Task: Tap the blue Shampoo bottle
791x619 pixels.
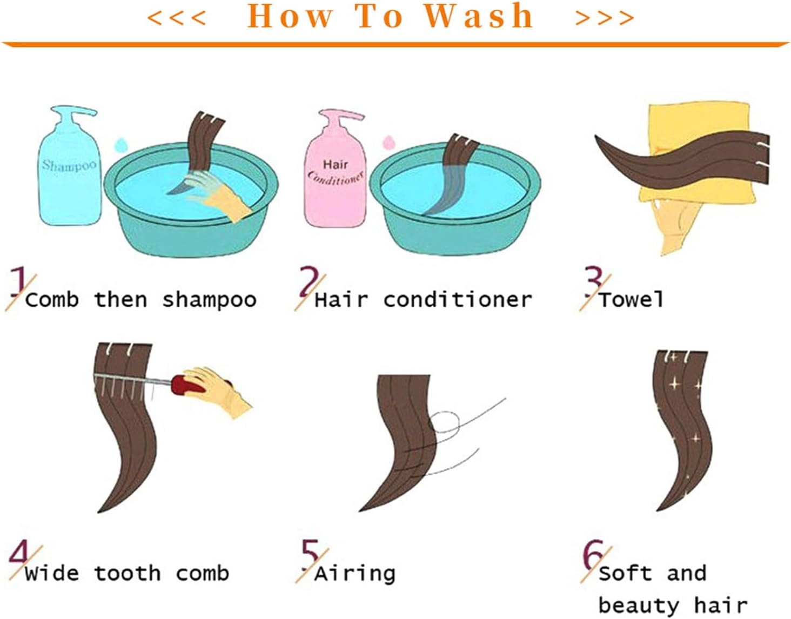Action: pos(70,166)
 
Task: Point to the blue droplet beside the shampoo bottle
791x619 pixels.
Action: pos(121,145)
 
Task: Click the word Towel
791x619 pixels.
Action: pos(631,300)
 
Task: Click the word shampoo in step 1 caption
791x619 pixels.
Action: pos(209,300)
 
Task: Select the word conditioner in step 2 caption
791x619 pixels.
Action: pos(458,300)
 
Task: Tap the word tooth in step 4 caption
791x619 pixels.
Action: pos(128,574)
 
